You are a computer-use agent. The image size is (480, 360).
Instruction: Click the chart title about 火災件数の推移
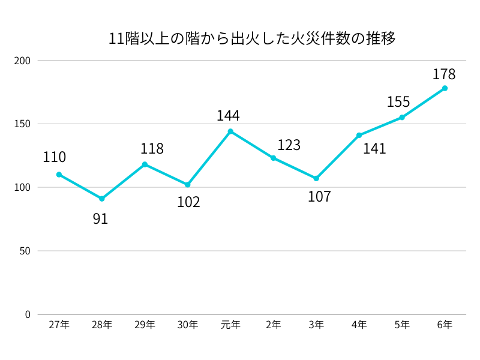click(251, 39)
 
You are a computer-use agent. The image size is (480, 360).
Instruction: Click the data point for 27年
click(59, 175)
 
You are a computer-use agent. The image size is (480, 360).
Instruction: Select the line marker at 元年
click(230, 131)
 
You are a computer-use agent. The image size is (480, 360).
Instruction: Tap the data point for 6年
click(445, 88)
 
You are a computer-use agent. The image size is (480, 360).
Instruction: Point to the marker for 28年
click(102, 199)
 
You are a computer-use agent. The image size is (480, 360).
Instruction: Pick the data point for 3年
click(316, 178)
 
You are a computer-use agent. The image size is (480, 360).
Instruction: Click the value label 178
click(444, 74)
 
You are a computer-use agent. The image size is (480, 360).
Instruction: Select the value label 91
click(100, 219)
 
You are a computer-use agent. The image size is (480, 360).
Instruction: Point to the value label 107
click(319, 197)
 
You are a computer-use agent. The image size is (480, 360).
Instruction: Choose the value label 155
click(398, 102)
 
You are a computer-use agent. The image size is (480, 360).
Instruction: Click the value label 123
click(289, 145)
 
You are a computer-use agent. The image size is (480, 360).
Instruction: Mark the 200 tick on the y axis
click(22, 61)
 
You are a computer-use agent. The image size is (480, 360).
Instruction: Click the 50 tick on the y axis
click(25, 251)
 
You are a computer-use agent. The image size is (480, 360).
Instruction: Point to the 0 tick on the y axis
click(27, 314)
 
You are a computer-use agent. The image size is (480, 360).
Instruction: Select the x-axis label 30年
click(187, 325)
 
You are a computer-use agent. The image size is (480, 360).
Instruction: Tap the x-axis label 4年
click(359, 325)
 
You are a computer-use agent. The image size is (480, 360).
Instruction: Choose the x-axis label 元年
click(230, 325)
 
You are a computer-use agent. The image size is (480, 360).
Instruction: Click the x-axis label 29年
click(145, 325)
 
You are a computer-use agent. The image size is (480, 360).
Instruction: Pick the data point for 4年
click(359, 135)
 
